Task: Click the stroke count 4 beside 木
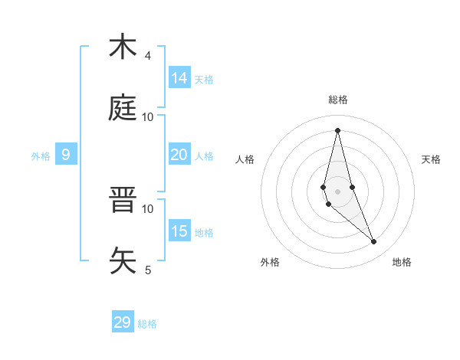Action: [x=147, y=56]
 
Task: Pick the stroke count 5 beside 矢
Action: [x=147, y=270]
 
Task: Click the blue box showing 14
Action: [x=179, y=78]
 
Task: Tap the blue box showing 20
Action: [x=179, y=155]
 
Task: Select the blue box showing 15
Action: [x=179, y=231]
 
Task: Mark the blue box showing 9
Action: [x=66, y=155]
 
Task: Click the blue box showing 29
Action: [x=123, y=322]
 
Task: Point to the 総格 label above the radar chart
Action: [x=338, y=100]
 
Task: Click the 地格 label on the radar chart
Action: [x=402, y=262]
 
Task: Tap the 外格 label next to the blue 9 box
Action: [x=41, y=156]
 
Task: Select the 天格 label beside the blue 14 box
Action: [x=204, y=80]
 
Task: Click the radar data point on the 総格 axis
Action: [x=337, y=129]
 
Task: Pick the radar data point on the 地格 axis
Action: [x=374, y=242]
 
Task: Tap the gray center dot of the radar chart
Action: [x=337, y=191]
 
